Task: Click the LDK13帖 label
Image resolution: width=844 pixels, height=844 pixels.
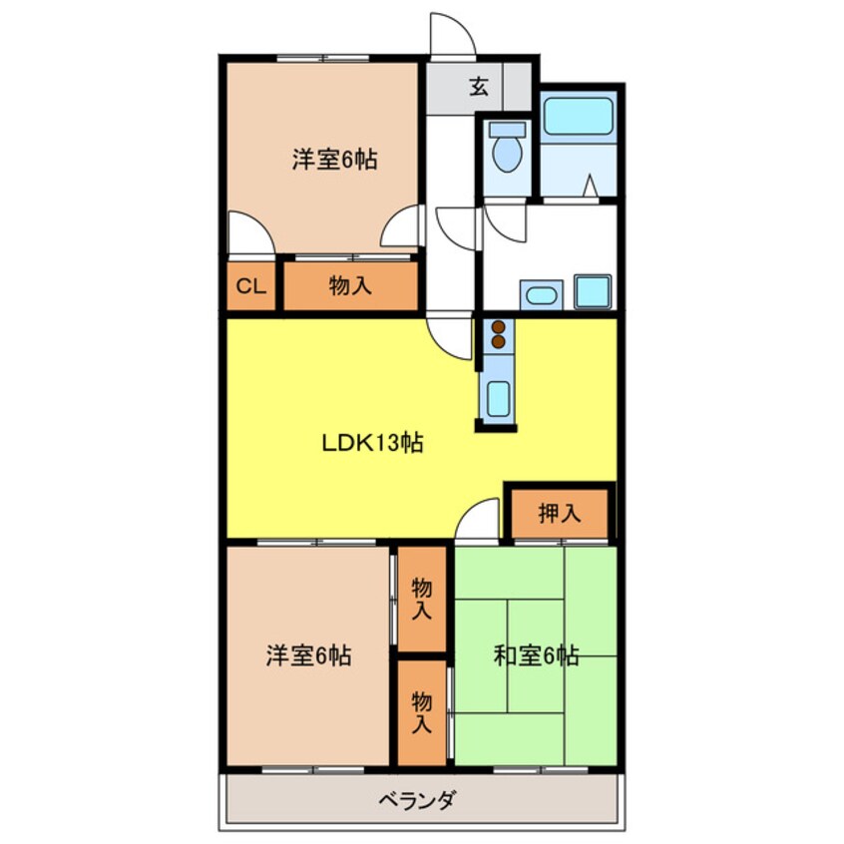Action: (372, 443)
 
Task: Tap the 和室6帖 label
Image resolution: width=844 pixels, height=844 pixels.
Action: (536, 655)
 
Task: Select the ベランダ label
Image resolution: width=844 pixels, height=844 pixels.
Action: (418, 800)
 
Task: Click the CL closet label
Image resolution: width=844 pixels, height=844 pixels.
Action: (251, 286)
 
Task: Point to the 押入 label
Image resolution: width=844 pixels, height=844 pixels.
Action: (560, 514)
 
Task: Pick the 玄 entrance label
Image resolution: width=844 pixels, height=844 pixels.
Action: (479, 86)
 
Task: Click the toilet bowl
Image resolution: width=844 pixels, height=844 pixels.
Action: (507, 154)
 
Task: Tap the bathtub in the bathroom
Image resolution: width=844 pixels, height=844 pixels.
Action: (578, 117)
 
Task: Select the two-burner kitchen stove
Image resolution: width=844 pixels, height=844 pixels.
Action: (499, 335)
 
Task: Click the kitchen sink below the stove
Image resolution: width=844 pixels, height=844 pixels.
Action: (498, 399)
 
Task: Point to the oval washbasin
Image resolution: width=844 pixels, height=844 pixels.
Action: (541, 295)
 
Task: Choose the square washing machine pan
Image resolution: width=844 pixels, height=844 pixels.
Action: (593, 291)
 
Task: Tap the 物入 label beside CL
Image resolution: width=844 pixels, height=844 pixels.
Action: (350, 285)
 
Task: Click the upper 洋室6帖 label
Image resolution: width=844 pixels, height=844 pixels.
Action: (335, 160)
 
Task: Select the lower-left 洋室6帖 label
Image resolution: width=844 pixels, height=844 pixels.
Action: (309, 655)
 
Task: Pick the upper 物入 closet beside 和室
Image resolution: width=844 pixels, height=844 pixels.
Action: (422, 599)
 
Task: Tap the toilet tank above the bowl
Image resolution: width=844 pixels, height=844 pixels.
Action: (507, 129)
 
